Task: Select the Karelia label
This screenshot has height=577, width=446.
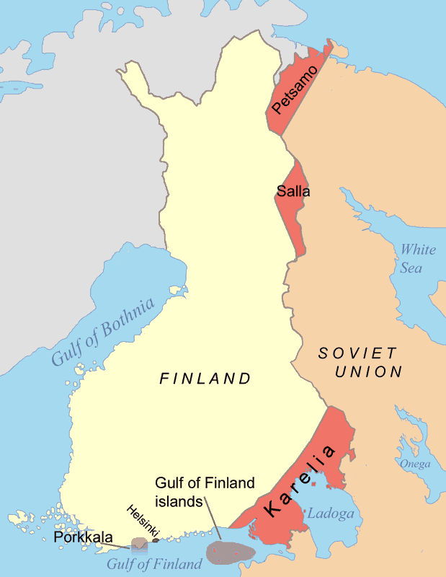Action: click(x=300, y=481)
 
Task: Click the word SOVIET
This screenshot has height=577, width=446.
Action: click(x=357, y=353)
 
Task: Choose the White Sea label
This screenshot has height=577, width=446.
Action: click(x=418, y=258)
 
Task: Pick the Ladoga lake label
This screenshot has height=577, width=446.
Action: click(x=331, y=514)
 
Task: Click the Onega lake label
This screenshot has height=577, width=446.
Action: click(x=415, y=464)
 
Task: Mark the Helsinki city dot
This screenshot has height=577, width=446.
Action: click(x=156, y=539)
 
